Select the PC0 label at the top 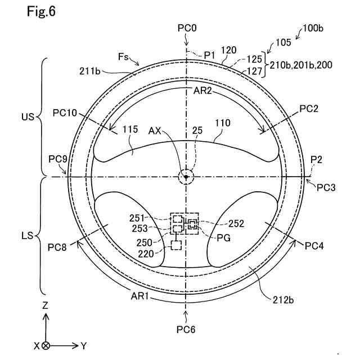pyautogui.click(x=187, y=28)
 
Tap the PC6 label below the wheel pyautogui.click(x=186, y=329)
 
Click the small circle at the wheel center pyautogui.click(x=186, y=177)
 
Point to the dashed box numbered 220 pyautogui.click(x=177, y=245)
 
